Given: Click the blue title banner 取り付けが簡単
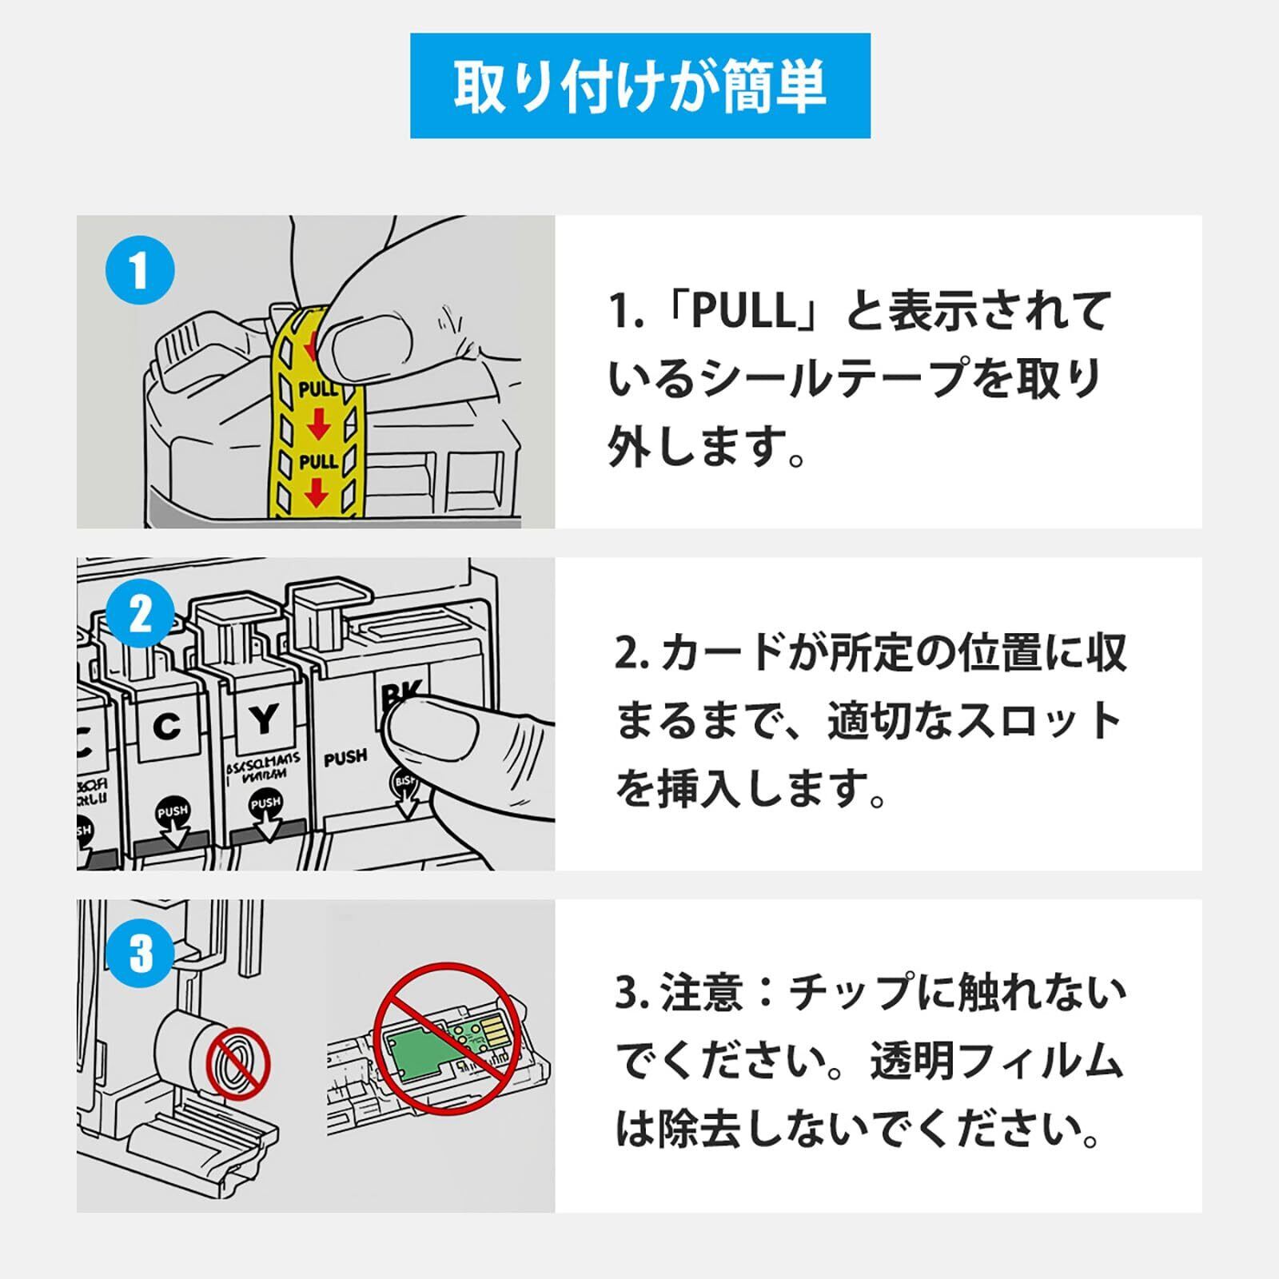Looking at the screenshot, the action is [639, 86].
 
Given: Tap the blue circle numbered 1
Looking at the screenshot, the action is [140, 270].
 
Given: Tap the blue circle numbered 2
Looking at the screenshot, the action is [140, 614].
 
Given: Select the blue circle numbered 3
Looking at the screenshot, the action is [140, 953].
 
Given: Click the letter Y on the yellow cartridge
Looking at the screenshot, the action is [263, 721].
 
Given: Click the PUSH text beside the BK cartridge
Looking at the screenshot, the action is [345, 757].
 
